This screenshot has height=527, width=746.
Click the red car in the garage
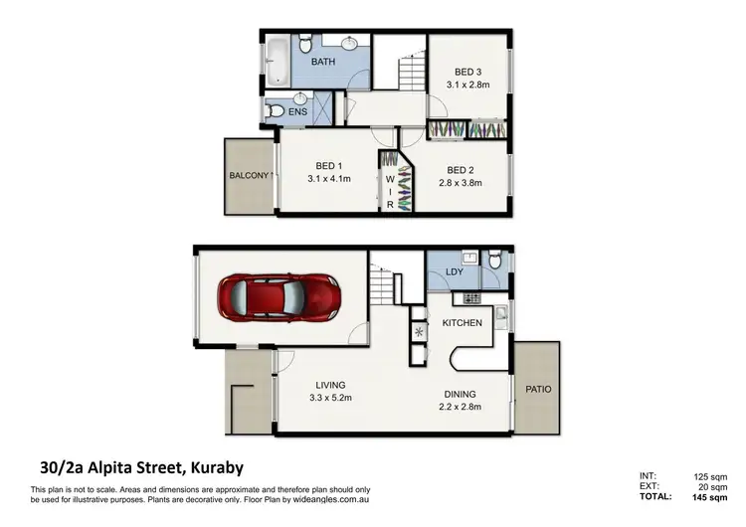pos(280,296)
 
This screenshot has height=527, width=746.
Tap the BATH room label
pos(323,62)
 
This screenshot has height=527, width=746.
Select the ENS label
pos(298,112)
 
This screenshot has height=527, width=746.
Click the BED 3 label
pos(468,72)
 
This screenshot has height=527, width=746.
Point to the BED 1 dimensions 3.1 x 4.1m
pos(328,180)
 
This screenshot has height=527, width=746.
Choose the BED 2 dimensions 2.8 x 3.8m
pos(460,184)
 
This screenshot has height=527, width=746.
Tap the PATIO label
pos(538,389)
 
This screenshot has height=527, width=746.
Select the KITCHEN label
pos(463,323)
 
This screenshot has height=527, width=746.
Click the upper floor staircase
pos(411,72)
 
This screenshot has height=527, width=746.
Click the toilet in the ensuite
pos(274,109)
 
